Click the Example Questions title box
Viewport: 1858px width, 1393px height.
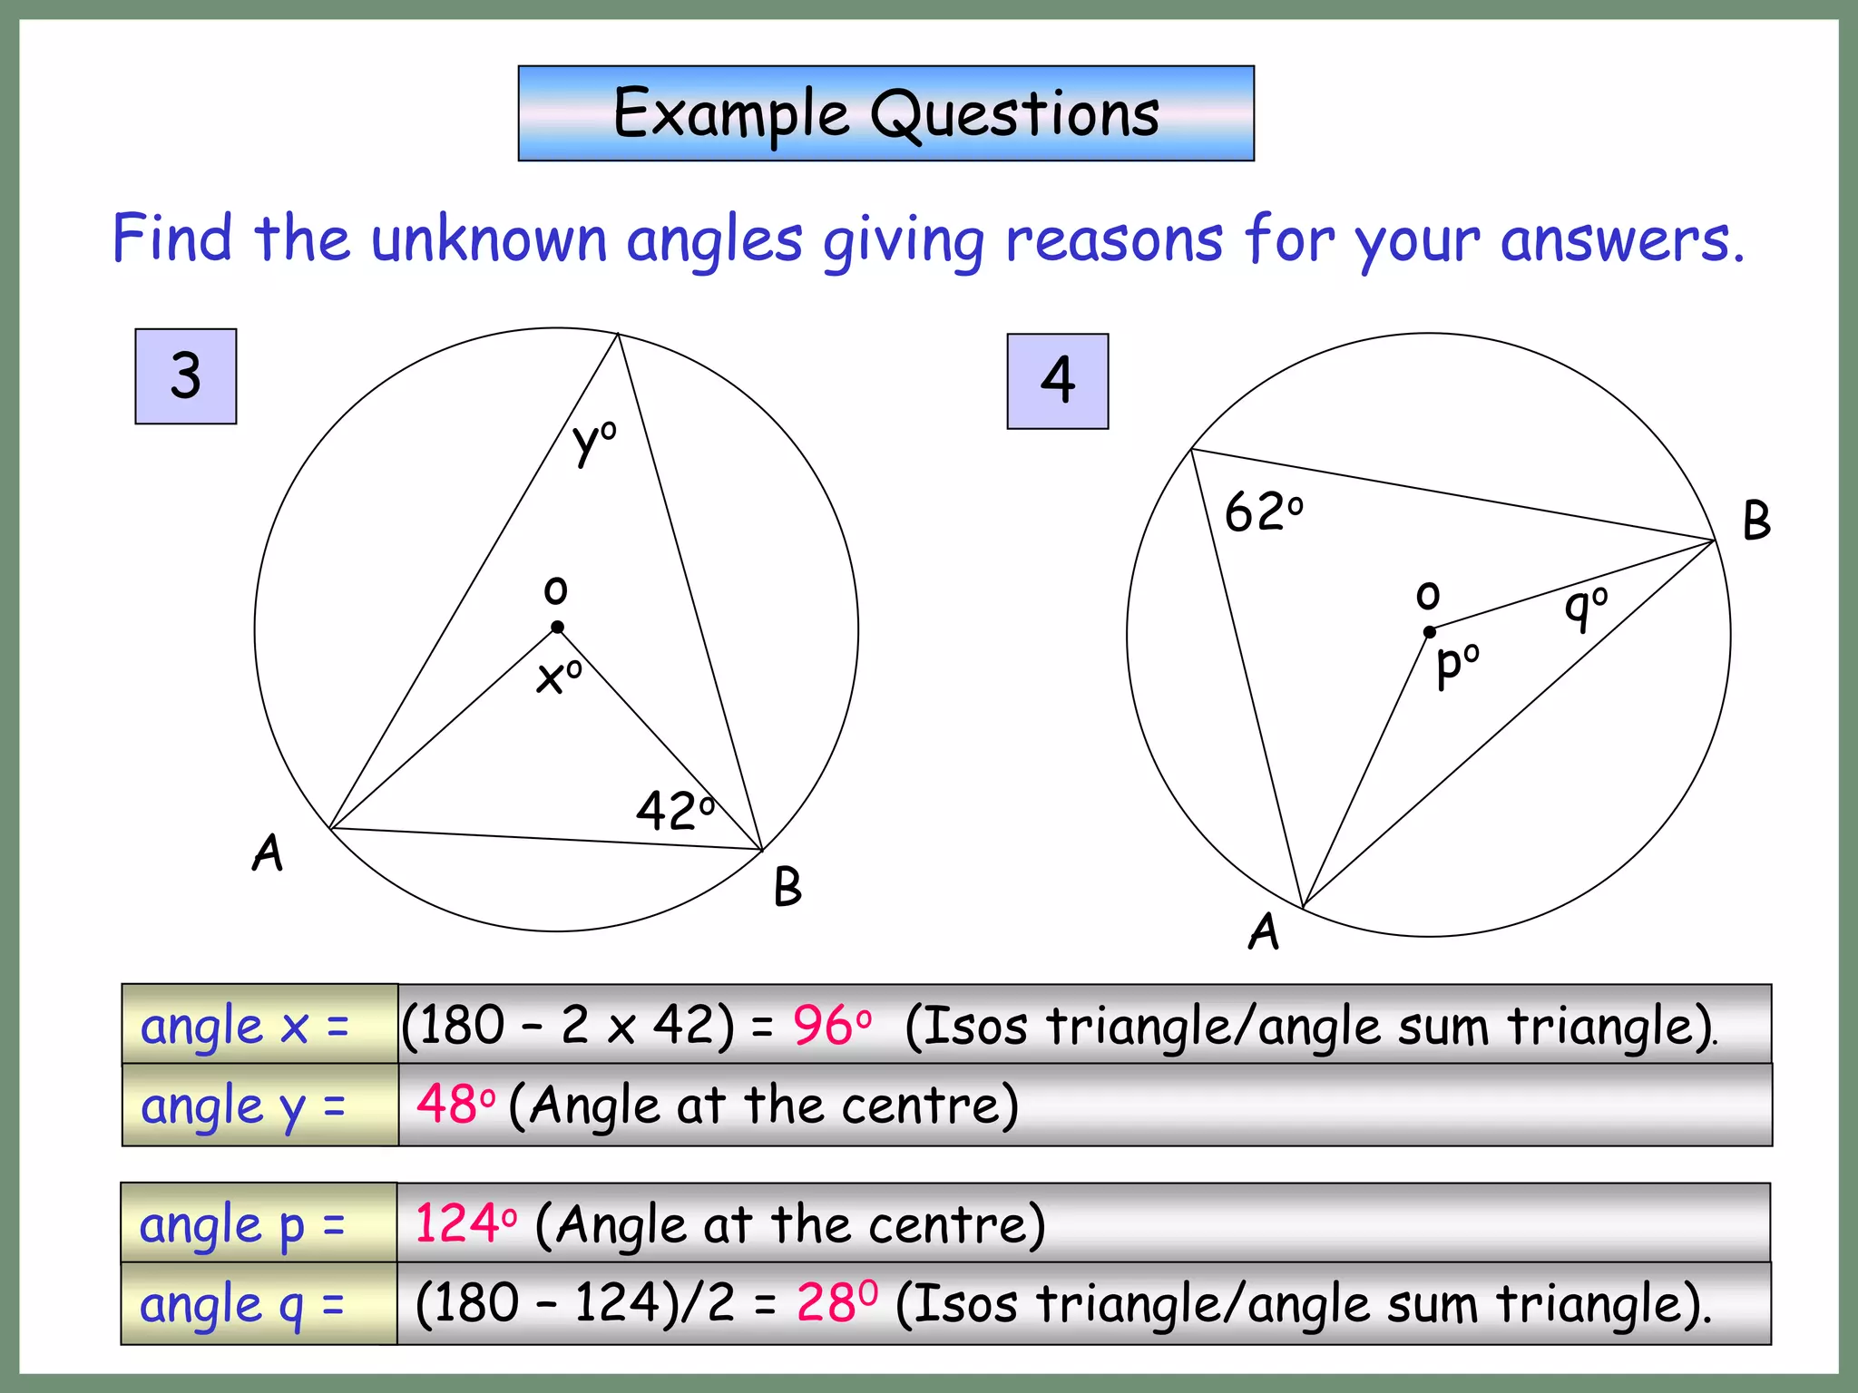pos(885,113)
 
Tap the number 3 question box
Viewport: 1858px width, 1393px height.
pos(186,376)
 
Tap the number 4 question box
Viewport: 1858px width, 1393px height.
pos(1058,381)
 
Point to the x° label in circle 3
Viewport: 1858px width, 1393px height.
pos(558,677)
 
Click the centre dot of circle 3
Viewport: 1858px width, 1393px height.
pos(558,627)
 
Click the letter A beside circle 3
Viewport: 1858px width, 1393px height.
pos(268,853)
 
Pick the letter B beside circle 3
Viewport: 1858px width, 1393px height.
pos(787,887)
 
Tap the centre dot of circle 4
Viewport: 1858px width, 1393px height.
pos(1430,632)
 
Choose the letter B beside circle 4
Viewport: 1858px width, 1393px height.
pos(1756,521)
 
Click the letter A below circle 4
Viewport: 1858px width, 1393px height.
pos(1264,932)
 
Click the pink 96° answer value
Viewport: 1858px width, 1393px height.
pos(831,1026)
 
